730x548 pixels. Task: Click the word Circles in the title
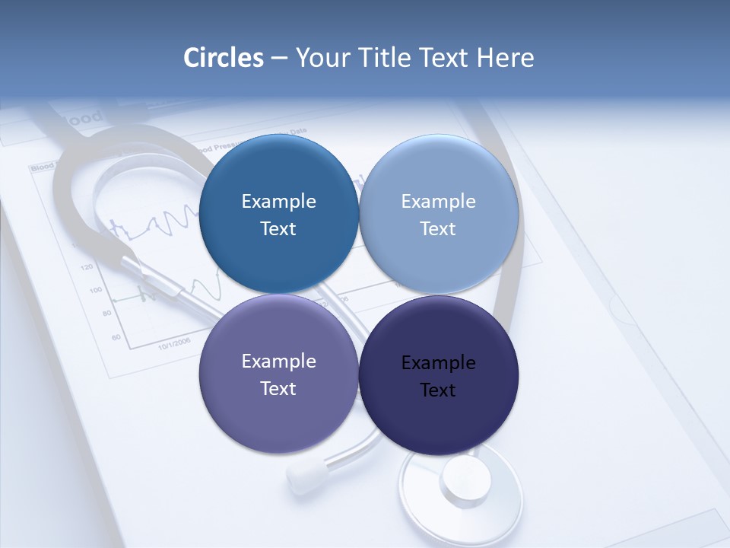click(x=224, y=57)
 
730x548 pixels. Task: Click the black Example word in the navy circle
click(x=438, y=363)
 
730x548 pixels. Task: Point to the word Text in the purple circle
click(x=278, y=388)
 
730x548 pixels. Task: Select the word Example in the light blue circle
click(x=438, y=202)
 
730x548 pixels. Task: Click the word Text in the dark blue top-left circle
click(x=278, y=229)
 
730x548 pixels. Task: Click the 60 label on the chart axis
click(x=116, y=336)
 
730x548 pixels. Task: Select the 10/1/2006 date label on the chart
click(x=176, y=343)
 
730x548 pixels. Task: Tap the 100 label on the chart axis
click(x=95, y=291)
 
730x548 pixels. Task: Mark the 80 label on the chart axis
click(x=106, y=314)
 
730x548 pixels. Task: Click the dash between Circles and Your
click(x=279, y=58)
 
